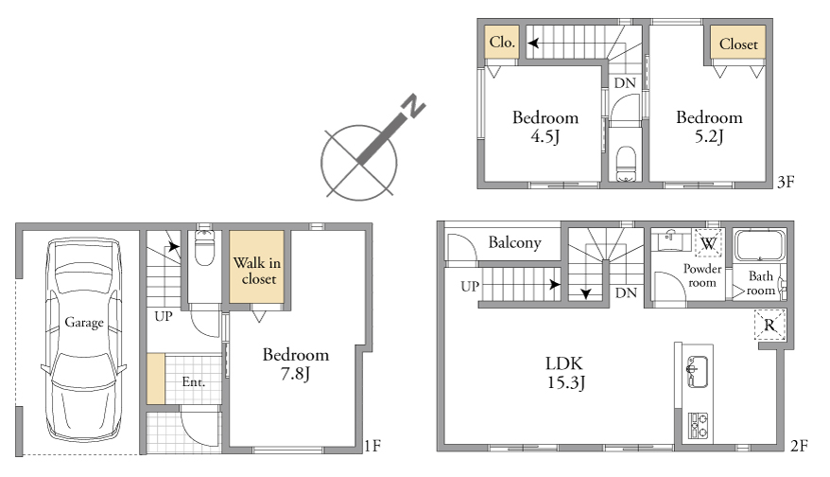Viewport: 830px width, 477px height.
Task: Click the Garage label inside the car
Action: click(x=83, y=322)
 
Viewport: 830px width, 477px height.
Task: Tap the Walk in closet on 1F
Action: click(x=257, y=267)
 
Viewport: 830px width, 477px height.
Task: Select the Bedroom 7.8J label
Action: click(x=295, y=363)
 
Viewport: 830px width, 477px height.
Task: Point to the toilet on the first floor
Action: click(x=204, y=247)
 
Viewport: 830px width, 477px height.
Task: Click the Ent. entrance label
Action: click(x=193, y=381)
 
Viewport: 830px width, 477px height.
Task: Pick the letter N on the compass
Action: click(x=414, y=105)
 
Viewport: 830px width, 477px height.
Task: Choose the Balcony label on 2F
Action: click(x=514, y=242)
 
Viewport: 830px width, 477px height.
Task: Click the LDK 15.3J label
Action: click(x=565, y=373)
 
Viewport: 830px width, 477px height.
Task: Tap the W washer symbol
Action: click(x=708, y=243)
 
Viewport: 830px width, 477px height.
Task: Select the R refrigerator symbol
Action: click(x=769, y=325)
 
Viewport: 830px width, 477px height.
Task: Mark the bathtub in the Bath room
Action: click(x=760, y=245)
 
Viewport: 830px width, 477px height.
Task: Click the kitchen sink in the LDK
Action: click(x=697, y=372)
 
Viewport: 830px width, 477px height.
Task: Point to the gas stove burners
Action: click(x=698, y=426)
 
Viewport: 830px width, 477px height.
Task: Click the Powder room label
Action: click(x=702, y=275)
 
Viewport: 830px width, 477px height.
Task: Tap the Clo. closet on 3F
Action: click(x=502, y=42)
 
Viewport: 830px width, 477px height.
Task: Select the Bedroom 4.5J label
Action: click(x=545, y=127)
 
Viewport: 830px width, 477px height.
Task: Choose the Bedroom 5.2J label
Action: click(x=709, y=127)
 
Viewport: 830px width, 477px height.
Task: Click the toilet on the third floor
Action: click(x=626, y=164)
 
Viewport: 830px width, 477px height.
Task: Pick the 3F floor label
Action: click(x=787, y=182)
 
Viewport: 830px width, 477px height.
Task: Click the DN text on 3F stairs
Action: click(x=625, y=82)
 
